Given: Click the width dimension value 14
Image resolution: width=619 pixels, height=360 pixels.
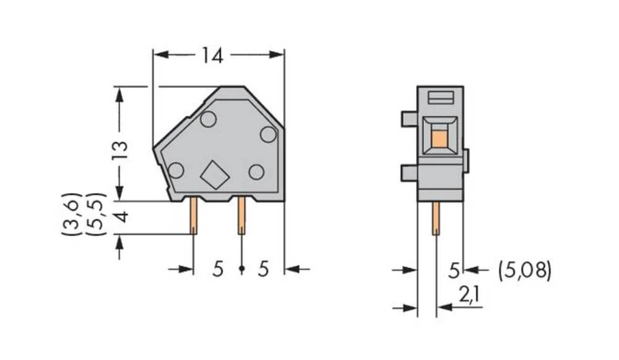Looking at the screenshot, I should click(211, 56).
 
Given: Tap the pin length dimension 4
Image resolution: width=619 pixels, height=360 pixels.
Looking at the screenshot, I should click(121, 218).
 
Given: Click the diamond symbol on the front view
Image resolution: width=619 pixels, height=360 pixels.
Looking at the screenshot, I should click(215, 176).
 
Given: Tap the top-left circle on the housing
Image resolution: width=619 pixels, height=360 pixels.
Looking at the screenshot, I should click(208, 119).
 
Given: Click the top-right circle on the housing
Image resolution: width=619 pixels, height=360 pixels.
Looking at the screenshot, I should click(267, 134).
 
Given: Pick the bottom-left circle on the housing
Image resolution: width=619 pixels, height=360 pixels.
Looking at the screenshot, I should click(176, 170).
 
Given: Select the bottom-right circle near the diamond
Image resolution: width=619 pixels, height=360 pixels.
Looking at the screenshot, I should click(256, 172).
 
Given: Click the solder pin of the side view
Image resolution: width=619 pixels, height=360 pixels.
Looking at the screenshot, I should click(436, 219).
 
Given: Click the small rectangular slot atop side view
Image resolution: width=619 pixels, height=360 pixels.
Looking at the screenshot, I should click(440, 97).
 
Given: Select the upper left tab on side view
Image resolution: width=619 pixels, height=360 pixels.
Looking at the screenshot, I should click(409, 119).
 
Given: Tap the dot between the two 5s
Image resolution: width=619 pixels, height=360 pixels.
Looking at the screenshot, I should click(241, 269).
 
